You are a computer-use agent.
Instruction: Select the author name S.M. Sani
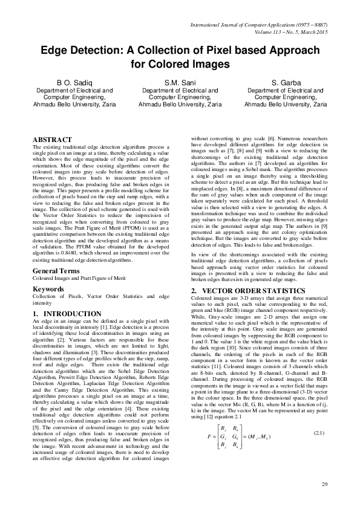180,82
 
